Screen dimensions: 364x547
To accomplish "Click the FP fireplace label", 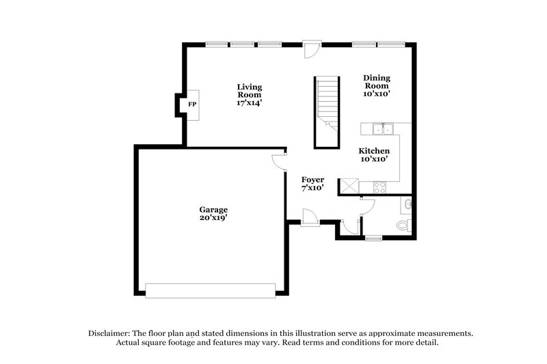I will (192, 104).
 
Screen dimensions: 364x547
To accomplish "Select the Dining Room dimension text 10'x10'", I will (376, 94).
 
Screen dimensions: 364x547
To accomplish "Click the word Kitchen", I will (375, 150).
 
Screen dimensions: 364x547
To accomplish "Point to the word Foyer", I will (312, 180).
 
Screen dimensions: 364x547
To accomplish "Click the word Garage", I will (213, 210).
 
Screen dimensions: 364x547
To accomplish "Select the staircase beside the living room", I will (327, 109).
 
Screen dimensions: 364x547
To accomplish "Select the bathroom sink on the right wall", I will (408, 204).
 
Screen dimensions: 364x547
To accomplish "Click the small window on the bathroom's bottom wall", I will (373, 238).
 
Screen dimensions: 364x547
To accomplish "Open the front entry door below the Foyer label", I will (308, 218).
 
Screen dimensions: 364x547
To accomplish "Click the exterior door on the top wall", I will (311, 48).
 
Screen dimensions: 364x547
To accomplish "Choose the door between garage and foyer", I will (278, 160).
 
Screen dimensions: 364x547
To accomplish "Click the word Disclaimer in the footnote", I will (109, 333).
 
